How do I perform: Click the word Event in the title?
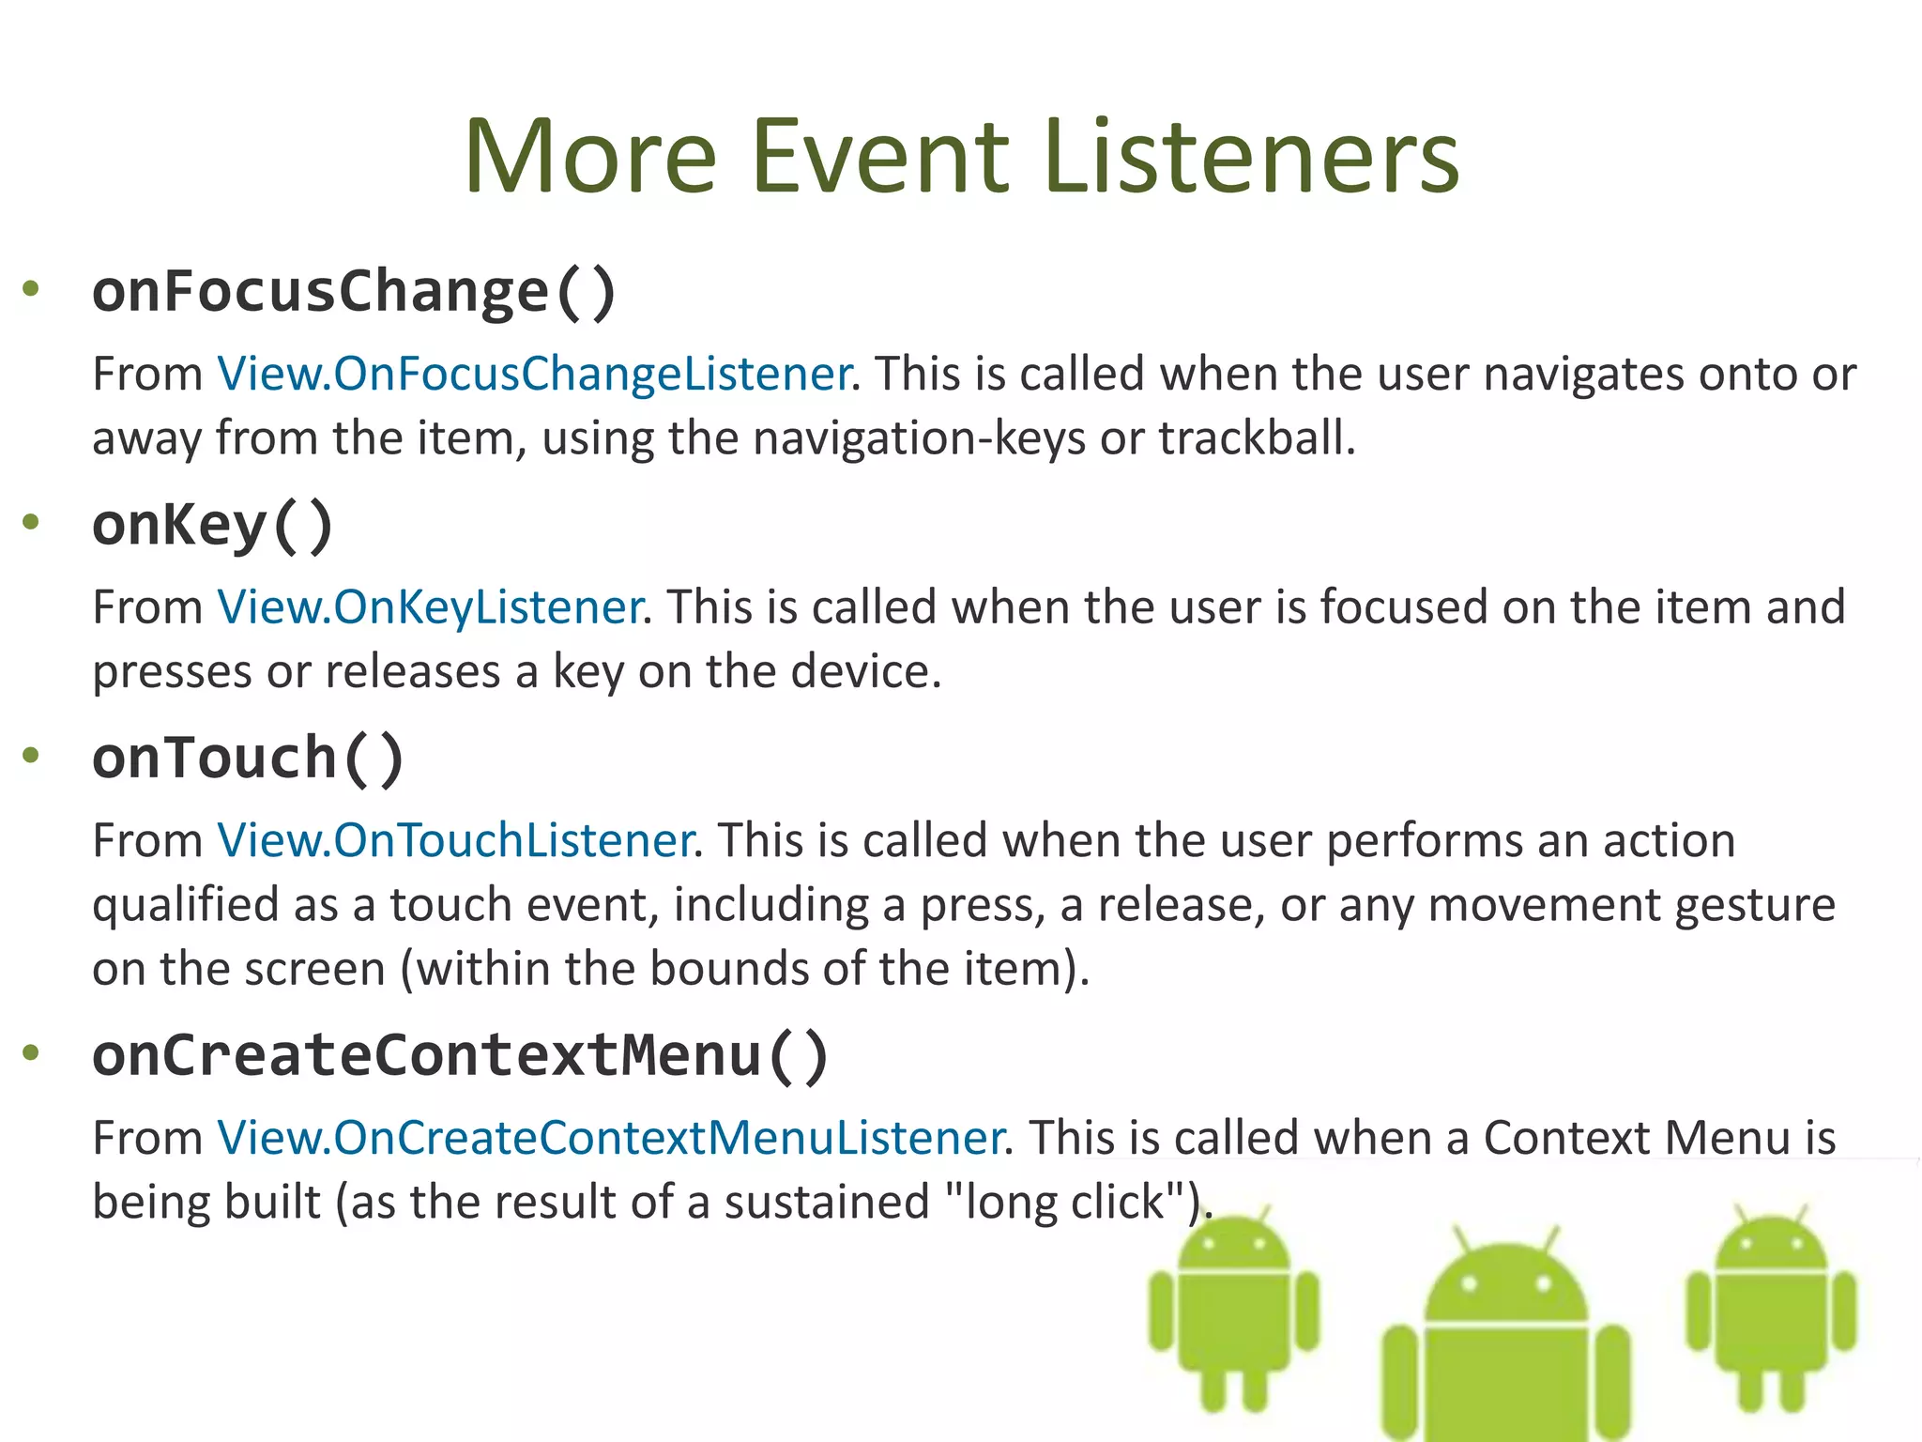[x=879, y=157]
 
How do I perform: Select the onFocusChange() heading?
[x=354, y=291]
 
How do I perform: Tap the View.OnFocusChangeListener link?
[x=534, y=374]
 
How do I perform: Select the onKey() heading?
[x=213, y=525]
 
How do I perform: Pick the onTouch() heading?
[x=248, y=758]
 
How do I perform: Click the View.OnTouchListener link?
[x=455, y=840]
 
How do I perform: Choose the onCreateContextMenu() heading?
[x=460, y=1055]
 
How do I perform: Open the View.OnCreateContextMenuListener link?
[x=611, y=1138]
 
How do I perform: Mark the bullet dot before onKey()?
[x=31, y=522]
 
